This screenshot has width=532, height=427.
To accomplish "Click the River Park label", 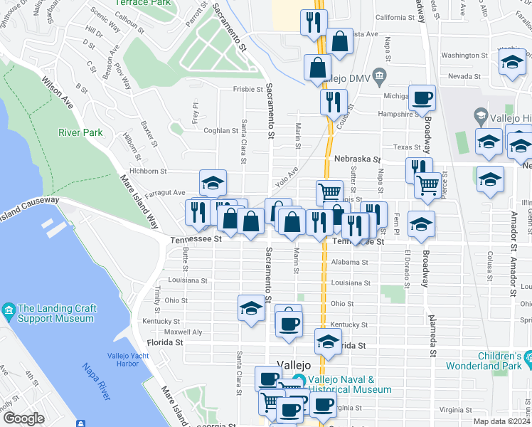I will [x=80, y=132].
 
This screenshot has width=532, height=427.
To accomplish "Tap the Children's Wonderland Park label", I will [x=487, y=361].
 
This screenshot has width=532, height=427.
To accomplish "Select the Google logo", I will [x=23, y=418].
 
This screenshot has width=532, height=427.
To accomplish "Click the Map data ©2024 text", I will [x=501, y=421].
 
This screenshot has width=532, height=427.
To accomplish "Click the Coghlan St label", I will [x=220, y=131].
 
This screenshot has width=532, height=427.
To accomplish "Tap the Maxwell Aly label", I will [x=183, y=332].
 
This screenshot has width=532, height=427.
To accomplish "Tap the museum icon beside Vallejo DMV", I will [x=380, y=75].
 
